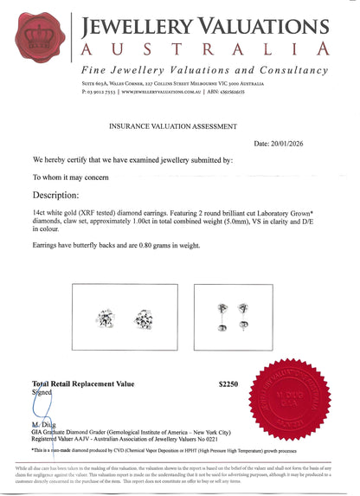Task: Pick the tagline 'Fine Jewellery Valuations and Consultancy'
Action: click(x=204, y=70)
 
